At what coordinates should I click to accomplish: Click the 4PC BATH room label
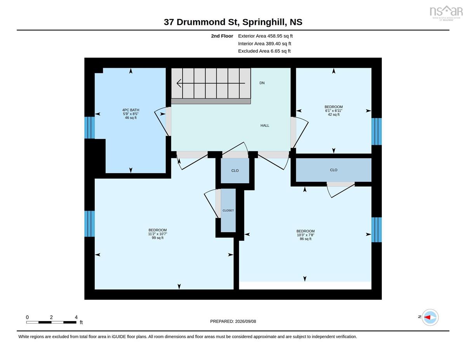tap(130, 110)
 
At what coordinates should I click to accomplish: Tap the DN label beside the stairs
tap(262, 83)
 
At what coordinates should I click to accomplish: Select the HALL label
tap(264, 125)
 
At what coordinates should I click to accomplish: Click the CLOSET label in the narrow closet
tap(228, 210)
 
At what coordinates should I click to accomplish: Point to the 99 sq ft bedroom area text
tap(158, 238)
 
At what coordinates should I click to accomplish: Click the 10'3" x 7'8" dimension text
tap(305, 235)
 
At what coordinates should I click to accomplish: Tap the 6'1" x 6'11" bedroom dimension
tap(334, 111)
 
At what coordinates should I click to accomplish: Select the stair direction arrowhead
tap(179, 83)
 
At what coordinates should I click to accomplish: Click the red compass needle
tap(427, 317)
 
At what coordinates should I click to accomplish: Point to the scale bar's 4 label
tap(76, 317)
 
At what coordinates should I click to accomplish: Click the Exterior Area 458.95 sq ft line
tap(265, 36)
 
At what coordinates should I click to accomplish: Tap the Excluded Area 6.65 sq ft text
tap(264, 51)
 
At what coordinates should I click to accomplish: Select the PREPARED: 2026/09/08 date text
tap(233, 321)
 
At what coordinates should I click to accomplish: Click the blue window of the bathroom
tap(89, 128)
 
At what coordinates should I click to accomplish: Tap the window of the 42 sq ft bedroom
tap(377, 131)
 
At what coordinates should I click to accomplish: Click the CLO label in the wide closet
tap(334, 170)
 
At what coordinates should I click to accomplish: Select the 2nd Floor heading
tap(222, 36)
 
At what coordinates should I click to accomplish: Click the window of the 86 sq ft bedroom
tap(377, 230)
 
